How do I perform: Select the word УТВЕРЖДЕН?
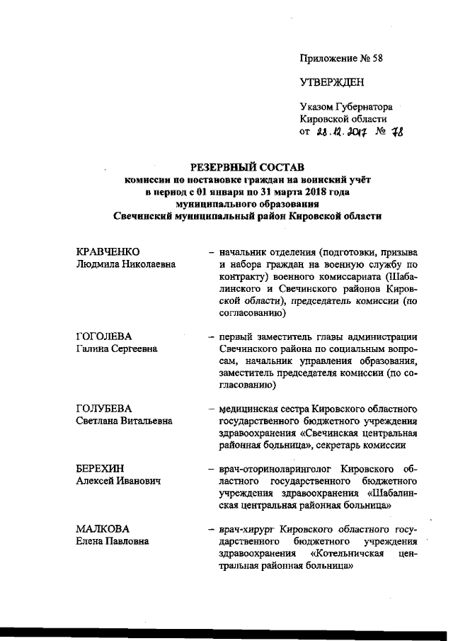332,82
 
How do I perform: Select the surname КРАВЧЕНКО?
108,252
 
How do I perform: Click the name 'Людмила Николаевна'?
125,264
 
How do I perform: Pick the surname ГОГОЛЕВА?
105,336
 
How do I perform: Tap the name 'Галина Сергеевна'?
117,348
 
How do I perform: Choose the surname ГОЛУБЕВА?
105,409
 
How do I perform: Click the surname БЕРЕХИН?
102,469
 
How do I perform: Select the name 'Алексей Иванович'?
117,481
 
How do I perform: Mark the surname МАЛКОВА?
103,530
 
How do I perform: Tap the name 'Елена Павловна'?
112,542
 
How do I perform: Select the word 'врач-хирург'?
246,530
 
